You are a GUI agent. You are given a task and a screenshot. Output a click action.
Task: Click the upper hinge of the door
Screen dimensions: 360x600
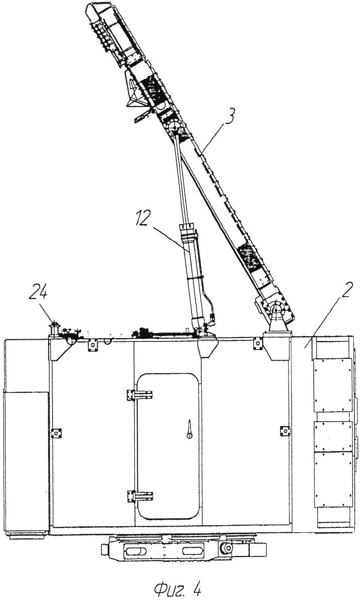[139, 395]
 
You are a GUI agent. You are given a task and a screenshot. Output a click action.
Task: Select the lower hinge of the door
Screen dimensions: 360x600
[139, 495]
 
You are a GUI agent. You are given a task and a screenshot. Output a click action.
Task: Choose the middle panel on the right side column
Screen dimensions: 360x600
[332, 436]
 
